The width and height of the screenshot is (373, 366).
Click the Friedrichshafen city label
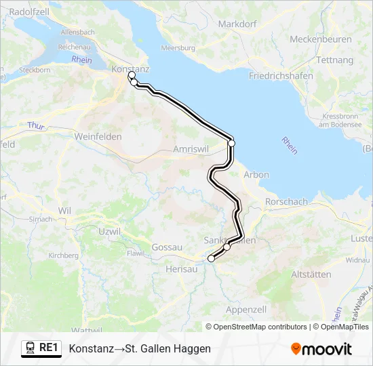coord(281,76)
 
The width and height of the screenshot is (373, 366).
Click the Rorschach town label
coord(286,202)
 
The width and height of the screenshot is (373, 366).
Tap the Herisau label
coord(181,269)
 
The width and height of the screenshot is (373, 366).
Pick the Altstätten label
coord(311,274)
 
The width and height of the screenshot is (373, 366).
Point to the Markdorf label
coord(237,24)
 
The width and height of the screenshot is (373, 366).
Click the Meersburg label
coord(178,49)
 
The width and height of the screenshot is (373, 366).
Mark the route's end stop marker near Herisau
coord(211,258)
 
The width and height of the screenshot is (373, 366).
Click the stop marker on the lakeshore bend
coord(231,143)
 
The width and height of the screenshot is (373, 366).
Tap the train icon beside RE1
coord(30,348)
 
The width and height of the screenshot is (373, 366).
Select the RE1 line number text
coord(49,348)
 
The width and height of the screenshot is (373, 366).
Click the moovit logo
coord(321,349)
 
